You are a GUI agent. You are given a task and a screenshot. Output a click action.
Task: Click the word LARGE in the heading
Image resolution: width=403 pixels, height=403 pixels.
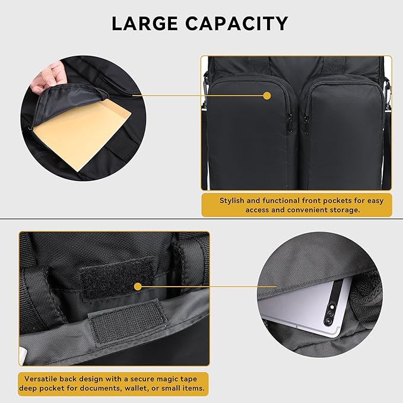[x=145, y=24]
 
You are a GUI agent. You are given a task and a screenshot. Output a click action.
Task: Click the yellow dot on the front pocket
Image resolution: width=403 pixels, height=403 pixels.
[x=266, y=96]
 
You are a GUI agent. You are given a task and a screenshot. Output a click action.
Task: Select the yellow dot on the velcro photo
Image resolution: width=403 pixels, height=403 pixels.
[x=138, y=286]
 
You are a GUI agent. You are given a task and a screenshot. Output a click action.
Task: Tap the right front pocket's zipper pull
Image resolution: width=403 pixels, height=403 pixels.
[x=306, y=121]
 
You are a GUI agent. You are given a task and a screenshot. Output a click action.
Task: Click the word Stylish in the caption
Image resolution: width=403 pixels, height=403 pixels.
[x=233, y=201]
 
